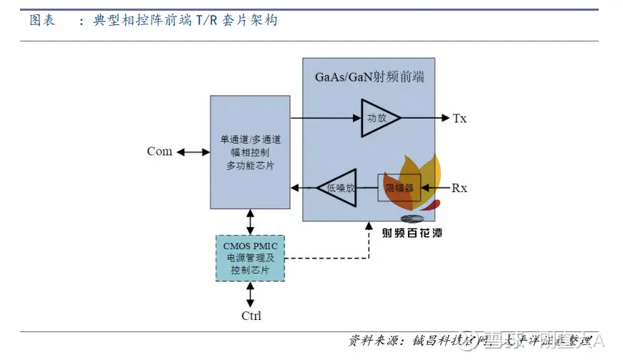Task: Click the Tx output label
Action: coord(459,118)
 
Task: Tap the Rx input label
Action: coord(459,188)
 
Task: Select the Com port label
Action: coord(159,151)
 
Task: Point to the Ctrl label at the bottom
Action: coord(251,315)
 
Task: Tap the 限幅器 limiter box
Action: coord(399,188)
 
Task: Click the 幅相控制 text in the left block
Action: coord(250,152)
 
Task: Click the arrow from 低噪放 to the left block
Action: coord(304,188)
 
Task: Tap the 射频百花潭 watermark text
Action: coord(412,233)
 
